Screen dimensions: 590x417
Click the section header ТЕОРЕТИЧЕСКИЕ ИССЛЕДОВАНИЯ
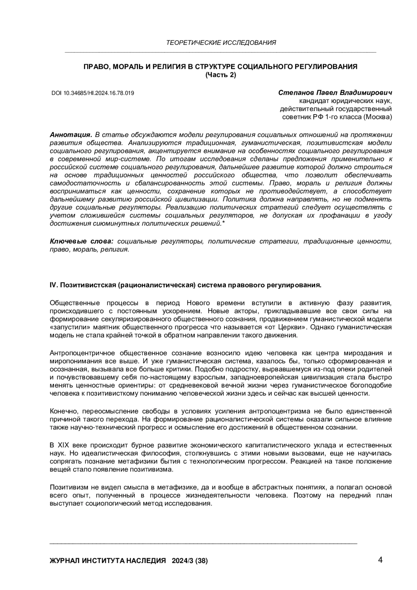(x=221, y=43)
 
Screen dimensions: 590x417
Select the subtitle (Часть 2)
(x=221, y=75)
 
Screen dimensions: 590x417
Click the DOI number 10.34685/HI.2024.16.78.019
(x=98, y=93)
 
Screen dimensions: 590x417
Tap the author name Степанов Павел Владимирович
(x=335, y=93)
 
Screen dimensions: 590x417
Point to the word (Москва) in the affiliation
(x=378, y=117)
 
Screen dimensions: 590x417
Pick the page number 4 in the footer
(x=380, y=560)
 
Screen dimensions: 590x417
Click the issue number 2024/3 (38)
(x=190, y=561)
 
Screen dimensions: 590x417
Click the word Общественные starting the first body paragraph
(x=75, y=302)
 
